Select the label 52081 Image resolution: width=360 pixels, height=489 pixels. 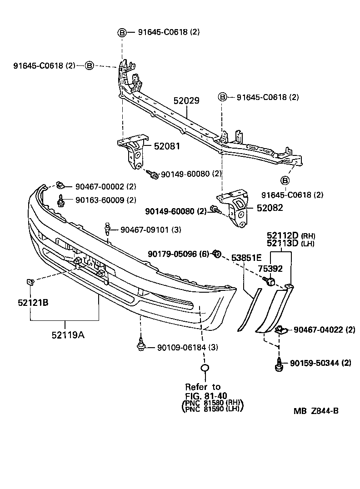tap(167, 146)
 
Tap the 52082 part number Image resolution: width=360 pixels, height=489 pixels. tap(269, 208)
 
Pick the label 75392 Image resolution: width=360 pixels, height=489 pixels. tap(270, 269)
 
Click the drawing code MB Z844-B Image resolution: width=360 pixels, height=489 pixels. tap(315, 411)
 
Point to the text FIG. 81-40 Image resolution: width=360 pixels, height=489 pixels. tap(206, 395)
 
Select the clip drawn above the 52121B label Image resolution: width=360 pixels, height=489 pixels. tap(31, 283)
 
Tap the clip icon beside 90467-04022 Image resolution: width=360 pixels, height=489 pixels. tap(281, 329)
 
